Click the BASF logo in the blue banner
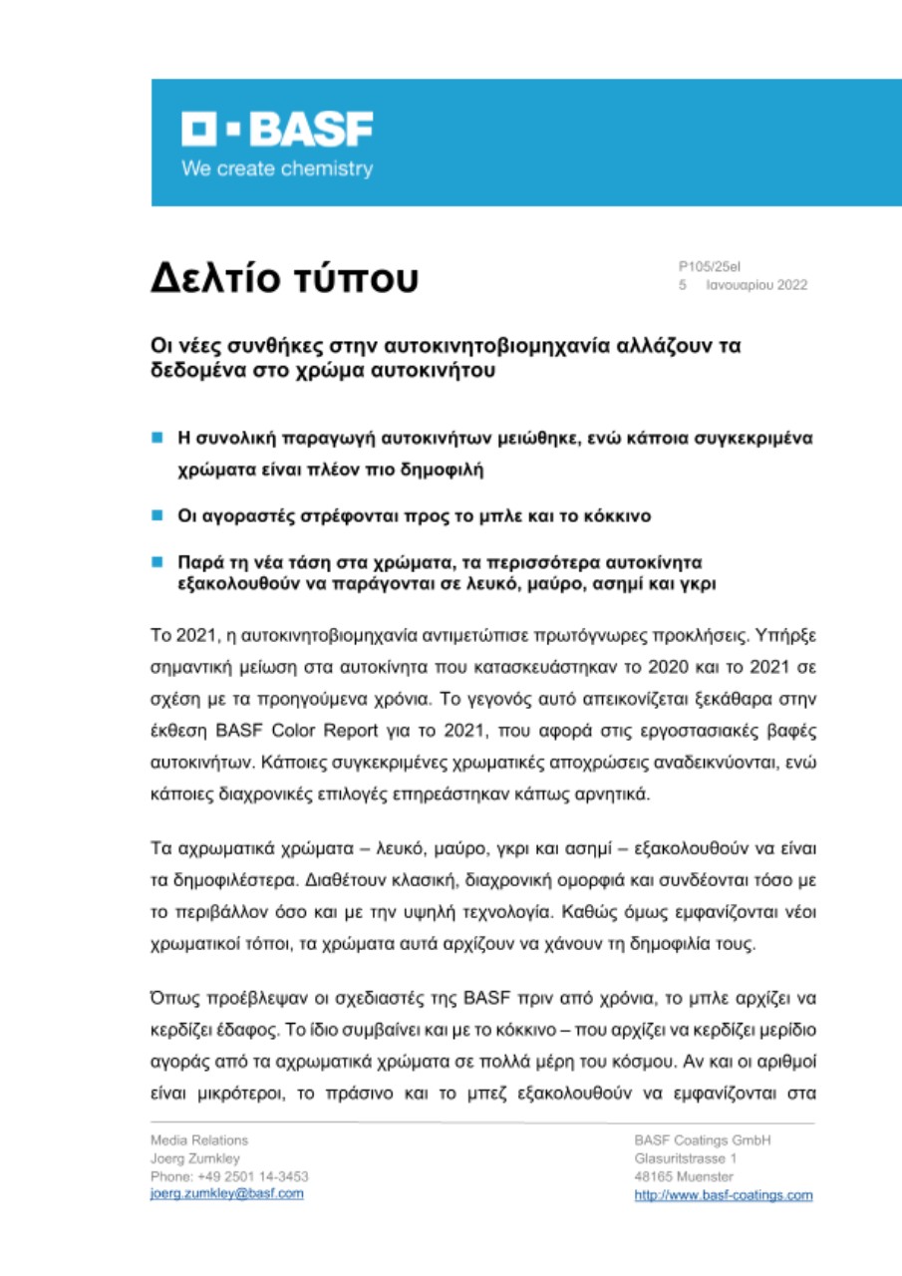[276, 131]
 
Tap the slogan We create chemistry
[276, 168]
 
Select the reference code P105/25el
[709, 266]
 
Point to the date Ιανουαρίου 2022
[756, 285]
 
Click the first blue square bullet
[156, 438]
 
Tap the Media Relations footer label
[199, 1139]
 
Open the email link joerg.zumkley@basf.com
[226, 1194]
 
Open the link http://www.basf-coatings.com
[723, 1195]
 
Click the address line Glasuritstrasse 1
[685, 1158]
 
